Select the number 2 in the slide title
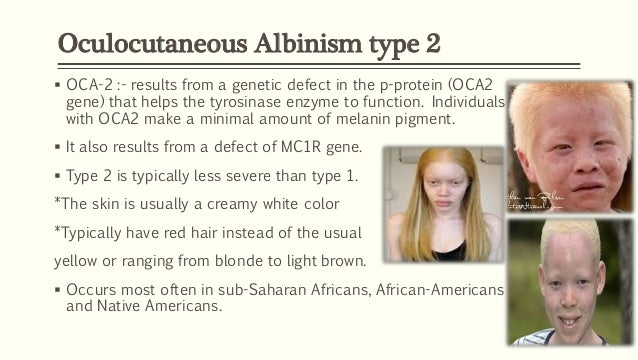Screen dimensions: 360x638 432,45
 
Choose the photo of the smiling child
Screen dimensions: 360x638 570,283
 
